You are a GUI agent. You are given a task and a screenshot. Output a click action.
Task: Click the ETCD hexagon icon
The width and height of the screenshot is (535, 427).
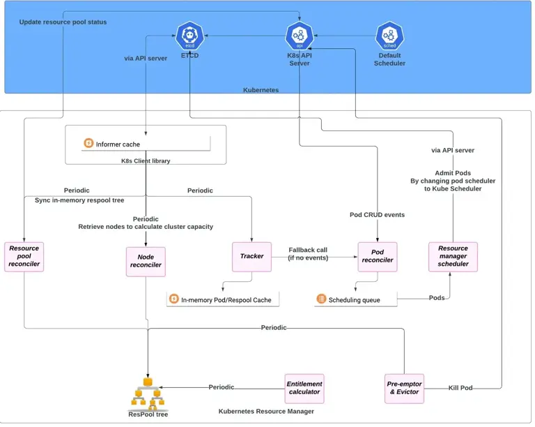[x=189, y=34]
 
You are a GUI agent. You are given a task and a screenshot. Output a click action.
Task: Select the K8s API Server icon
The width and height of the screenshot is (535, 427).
[x=299, y=34]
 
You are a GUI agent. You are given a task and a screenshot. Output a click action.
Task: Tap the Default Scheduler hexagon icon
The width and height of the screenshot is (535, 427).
[x=389, y=35]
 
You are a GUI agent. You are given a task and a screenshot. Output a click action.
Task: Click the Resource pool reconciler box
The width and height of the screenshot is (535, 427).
[x=24, y=256]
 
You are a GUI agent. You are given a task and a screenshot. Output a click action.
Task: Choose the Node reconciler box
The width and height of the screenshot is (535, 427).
[x=146, y=260]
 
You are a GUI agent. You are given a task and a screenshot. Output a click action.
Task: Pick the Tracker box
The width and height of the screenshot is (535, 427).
[x=251, y=256]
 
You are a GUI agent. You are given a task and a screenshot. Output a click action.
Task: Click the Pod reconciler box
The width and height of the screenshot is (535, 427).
[x=377, y=256]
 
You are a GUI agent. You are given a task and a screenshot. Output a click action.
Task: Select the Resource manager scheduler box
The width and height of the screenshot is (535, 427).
[x=453, y=256]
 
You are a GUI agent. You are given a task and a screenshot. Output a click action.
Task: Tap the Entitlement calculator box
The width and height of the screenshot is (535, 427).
[x=304, y=388]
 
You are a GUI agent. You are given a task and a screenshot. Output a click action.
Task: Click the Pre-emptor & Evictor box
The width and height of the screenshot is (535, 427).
[x=403, y=388]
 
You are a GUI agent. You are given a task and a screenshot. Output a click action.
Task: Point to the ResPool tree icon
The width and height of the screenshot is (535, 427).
[x=148, y=395]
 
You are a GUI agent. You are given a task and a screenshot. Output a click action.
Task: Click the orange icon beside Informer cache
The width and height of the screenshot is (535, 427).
[x=88, y=144]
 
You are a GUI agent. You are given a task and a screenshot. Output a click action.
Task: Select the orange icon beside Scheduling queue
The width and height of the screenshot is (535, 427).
[x=321, y=299]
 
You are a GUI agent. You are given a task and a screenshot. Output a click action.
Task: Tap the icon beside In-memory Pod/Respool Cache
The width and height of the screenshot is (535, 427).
[x=173, y=299]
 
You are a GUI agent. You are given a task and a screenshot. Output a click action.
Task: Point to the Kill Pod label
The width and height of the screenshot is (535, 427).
[x=460, y=388]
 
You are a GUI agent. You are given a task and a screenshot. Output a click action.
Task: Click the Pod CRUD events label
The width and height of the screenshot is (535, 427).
[x=377, y=215]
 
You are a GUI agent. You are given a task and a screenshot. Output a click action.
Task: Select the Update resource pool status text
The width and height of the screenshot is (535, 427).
[x=63, y=22]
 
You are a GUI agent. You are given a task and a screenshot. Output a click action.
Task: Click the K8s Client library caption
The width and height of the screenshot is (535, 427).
[x=146, y=160]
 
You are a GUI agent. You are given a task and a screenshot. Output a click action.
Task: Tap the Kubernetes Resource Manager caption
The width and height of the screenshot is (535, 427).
[x=266, y=412]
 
